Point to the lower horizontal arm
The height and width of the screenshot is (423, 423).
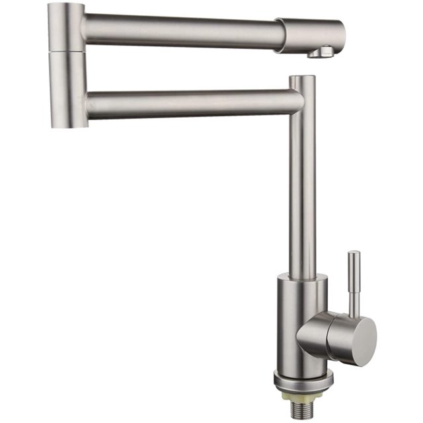coord(192,104)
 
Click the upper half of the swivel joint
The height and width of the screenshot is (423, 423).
coord(66,26)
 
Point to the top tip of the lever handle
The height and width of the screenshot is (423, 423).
coord(354,253)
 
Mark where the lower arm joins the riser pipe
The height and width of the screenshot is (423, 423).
coord(296,103)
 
